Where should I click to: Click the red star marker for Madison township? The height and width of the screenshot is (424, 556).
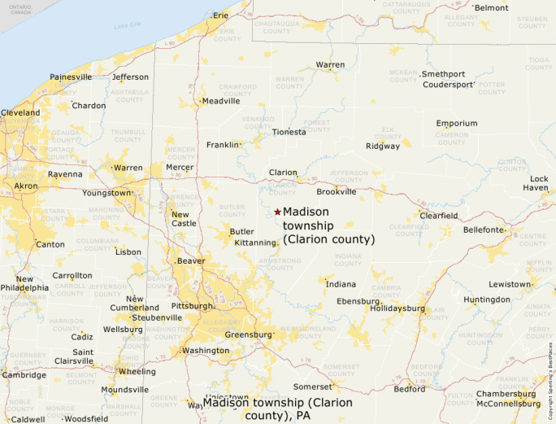pyautogui.click(x=277, y=212)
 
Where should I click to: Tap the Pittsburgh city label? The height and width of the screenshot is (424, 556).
pyautogui.click(x=192, y=306)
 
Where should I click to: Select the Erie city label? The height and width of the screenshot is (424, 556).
pyautogui.click(x=219, y=15)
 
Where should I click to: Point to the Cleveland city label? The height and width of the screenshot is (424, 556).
pyautogui.click(x=20, y=112)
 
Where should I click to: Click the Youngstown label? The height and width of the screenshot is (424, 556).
pyautogui.click(x=106, y=193)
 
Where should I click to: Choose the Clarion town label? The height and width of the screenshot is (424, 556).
pyautogui.click(x=284, y=173)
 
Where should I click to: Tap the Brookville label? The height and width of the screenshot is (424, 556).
pyautogui.click(x=337, y=192)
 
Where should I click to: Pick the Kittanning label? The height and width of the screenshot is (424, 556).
pyautogui.click(x=255, y=243)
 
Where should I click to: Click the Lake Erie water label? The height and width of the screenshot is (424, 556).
pyautogui.click(x=127, y=26)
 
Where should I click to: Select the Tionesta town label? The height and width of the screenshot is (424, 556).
pyautogui.click(x=289, y=132)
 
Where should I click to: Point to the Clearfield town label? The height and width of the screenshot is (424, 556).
pyautogui.click(x=438, y=216)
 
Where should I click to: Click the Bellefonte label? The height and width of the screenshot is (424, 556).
pyautogui.click(x=484, y=230)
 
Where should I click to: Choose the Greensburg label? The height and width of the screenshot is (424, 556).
pyautogui.click(x=248, y=334)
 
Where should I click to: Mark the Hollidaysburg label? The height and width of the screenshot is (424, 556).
pyautogui.click(x=397, y=308)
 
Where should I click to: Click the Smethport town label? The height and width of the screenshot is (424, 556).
pyautogui.click(x=443, y=74)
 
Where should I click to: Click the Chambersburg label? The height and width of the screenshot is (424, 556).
pyautogui.click(x=506, y=394)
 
